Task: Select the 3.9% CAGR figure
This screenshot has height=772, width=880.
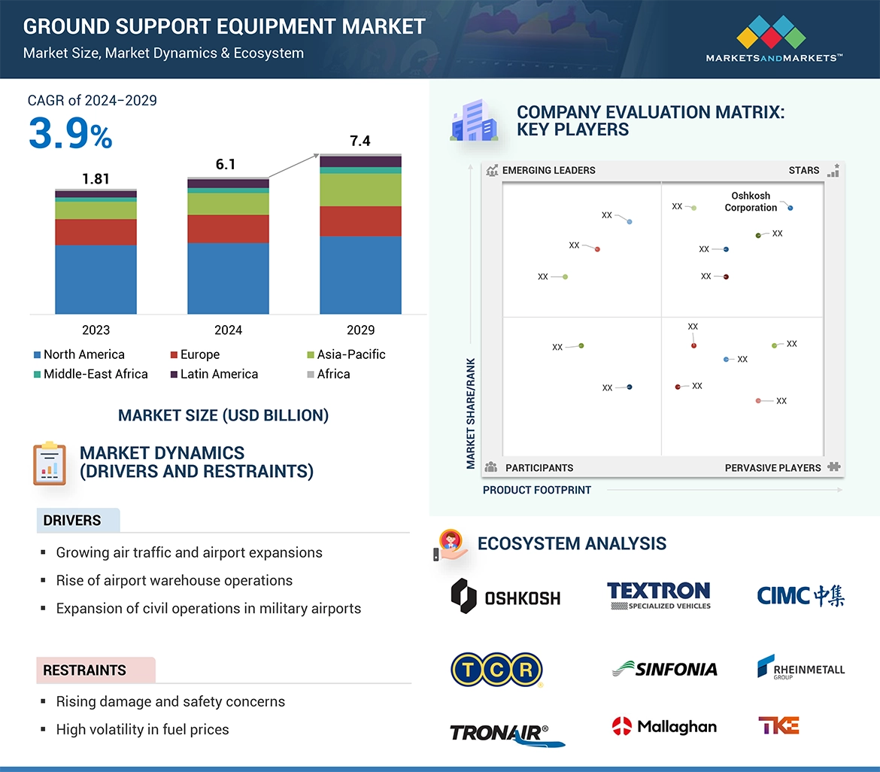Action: pos(71,135)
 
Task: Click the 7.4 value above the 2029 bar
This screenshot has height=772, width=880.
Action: pos(360,141)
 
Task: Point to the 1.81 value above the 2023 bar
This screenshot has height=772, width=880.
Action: pos(96,178)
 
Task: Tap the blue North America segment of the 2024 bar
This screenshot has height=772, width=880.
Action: pos(228,278)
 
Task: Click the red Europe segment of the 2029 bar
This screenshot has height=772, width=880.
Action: pos(360,221)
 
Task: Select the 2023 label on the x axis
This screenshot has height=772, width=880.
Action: pos(96,330)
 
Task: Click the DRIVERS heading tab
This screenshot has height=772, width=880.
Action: pos(73,521)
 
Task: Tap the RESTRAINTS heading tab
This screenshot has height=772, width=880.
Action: pos(85,670)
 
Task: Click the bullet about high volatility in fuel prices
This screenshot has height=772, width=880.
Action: pos(142,729)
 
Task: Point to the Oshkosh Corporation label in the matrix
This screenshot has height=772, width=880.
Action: pos(751,202)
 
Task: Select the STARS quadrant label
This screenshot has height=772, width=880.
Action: pos(804,170)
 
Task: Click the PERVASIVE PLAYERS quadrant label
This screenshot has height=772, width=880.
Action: pos(772,468)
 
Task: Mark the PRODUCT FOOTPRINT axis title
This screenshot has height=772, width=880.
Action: pos(537,490)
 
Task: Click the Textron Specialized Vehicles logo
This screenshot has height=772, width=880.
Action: pos(659,595)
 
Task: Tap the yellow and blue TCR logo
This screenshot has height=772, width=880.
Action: pos(496,670)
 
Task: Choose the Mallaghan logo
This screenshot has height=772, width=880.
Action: pos(664,726)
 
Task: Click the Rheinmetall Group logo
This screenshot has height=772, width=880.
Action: pos(800,667)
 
